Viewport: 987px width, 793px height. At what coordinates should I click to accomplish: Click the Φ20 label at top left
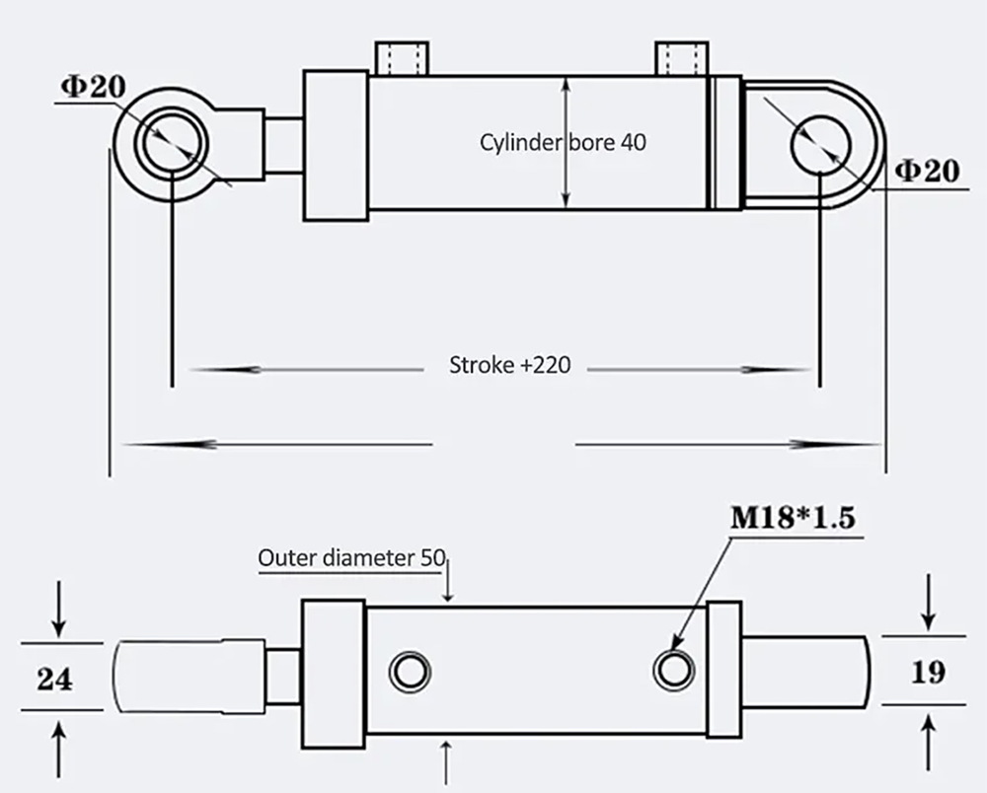(x=93, y=86)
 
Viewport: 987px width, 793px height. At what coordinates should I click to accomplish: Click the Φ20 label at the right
(x=927, y=171)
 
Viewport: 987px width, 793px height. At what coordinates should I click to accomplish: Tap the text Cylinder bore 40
(x=563, y=142)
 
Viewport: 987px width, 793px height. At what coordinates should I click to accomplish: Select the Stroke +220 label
(x=509, y=366)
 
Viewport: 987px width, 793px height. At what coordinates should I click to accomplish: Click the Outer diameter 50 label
(x=351, y=557)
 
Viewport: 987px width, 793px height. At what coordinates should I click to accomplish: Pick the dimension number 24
(x=54, y=678)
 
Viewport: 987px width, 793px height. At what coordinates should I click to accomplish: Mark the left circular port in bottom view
(x=410, y=672)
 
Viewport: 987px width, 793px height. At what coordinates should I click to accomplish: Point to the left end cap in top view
(x=336, y=145)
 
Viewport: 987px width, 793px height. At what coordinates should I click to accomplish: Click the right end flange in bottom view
(x=724, y=672)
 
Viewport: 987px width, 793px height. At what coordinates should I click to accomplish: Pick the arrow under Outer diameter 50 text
(x=450, y=582)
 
